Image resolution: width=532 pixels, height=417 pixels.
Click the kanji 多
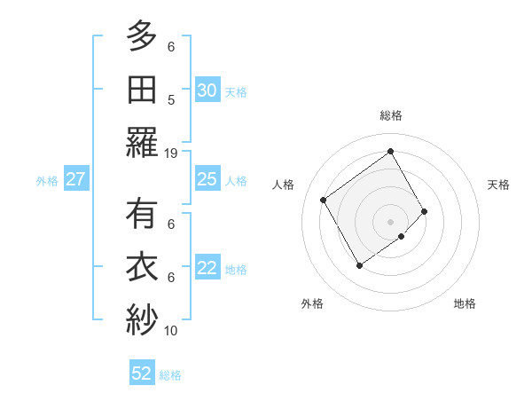142,37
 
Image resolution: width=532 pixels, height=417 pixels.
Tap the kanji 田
142,89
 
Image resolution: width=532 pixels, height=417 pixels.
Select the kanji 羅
142,142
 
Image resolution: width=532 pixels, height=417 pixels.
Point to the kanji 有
142,215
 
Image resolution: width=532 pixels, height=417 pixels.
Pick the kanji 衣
142,267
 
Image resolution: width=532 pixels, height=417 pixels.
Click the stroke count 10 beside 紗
171,331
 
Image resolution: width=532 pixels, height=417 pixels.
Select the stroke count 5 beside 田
171,100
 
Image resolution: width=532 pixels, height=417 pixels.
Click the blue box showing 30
207,90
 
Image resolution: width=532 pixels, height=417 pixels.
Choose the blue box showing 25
207,180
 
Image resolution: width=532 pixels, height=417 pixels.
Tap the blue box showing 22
207,269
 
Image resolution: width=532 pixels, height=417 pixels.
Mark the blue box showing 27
76,180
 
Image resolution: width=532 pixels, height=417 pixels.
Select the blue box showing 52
142,374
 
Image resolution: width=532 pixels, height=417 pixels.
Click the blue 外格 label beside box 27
47,181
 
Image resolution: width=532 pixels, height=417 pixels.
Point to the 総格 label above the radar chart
391,115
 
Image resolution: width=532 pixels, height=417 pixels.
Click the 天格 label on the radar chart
499,185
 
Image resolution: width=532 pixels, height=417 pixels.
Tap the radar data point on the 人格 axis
324,200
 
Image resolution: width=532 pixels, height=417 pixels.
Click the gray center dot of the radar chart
390,220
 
